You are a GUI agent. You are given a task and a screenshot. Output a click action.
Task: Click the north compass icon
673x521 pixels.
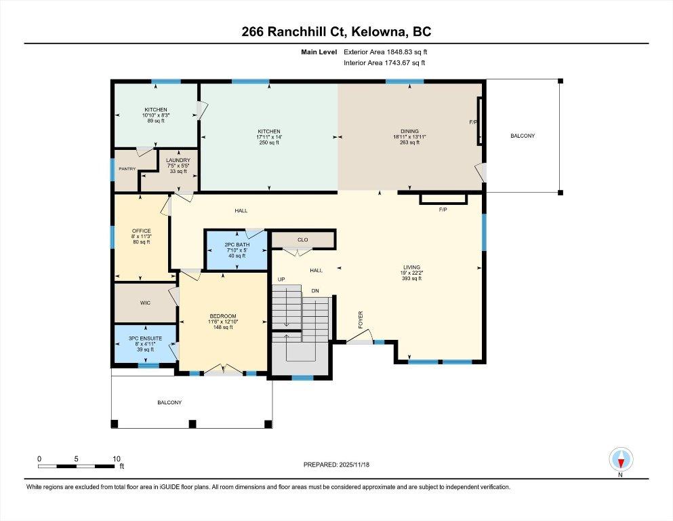(x=621, y=460)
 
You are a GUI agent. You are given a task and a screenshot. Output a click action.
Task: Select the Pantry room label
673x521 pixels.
(x=127, y=169)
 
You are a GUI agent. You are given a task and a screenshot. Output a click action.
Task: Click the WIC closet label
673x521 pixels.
(x=145, y=303)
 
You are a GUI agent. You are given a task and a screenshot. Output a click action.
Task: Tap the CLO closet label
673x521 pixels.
(x=302, y=239)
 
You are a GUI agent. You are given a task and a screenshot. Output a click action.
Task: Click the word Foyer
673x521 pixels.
(x=361, y=320)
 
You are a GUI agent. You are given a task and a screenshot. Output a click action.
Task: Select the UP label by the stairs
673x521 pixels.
(x=281, y=279)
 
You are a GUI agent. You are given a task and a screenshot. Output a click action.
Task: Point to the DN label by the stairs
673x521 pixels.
(x=315, y=291)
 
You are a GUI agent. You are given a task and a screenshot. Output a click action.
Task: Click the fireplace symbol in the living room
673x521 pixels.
(x=443, y=199)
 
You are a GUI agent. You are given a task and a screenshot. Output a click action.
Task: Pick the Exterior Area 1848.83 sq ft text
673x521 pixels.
(x=386, y=52)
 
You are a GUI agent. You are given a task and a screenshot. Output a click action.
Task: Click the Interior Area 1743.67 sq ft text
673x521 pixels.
(x=384, y=62)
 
